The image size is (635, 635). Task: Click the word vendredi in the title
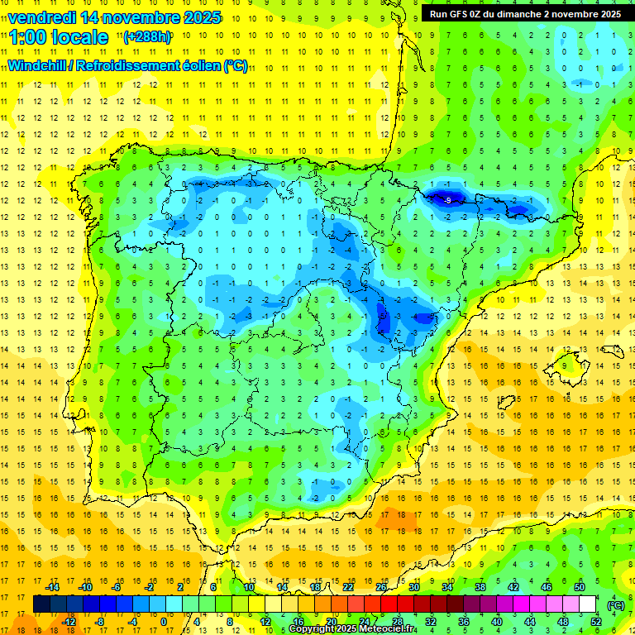pyautogui.click(x=41, y=17)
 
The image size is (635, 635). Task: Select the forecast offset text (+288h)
pyautogui.click(x=146, y=37)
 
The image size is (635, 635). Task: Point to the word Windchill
pyautogui.click(x=37, y=65)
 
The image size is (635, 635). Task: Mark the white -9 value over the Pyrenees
pyautogui.click(x=446, y=200)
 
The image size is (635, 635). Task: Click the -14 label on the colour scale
pyautogui.click(x=53, y=587)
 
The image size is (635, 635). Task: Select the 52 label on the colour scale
pyautogui.click(x=596, y=622)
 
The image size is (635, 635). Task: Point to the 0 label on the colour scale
pyautogui.click(x=163, y=622)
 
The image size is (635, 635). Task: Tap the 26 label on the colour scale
pyautogui.click(x=381, y=587)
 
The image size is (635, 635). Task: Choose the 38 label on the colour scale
pyautogui.click(x=480, y=587)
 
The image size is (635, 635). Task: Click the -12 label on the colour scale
pyautogui.click(x=69, y=622)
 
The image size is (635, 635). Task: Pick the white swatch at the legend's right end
pyautogui.click(x=588, y=604)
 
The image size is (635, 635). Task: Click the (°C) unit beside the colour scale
pyautogui.click(x=615, y=605)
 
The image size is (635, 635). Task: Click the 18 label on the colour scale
pyautogui.click(x=315, y=587)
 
